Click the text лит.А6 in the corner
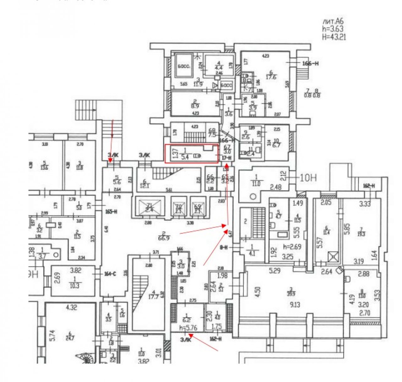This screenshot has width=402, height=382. (x=333, y=22)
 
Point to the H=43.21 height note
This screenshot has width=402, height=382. (x=334, y=37)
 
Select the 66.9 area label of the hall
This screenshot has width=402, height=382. (x=164, y=238)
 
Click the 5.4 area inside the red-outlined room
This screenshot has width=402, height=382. (x=185, y=157)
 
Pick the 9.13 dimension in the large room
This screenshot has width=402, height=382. (x=295, y=304)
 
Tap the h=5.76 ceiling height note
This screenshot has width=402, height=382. (x=188, y=328)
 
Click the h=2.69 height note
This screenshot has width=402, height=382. (x=292, y=247)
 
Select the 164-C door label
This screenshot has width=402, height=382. (x=110, y=274)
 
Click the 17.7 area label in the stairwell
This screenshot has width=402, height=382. (x=154, y=297)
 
